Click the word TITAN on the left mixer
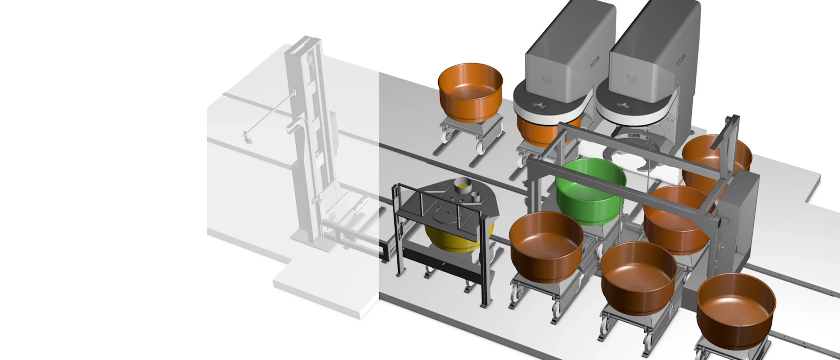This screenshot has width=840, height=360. (x=595, y=62)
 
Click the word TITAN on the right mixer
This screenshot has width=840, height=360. (x=681, y=60)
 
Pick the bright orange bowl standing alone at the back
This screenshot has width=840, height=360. (x=470, y=93)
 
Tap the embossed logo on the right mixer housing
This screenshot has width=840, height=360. (x=631, y=79)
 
